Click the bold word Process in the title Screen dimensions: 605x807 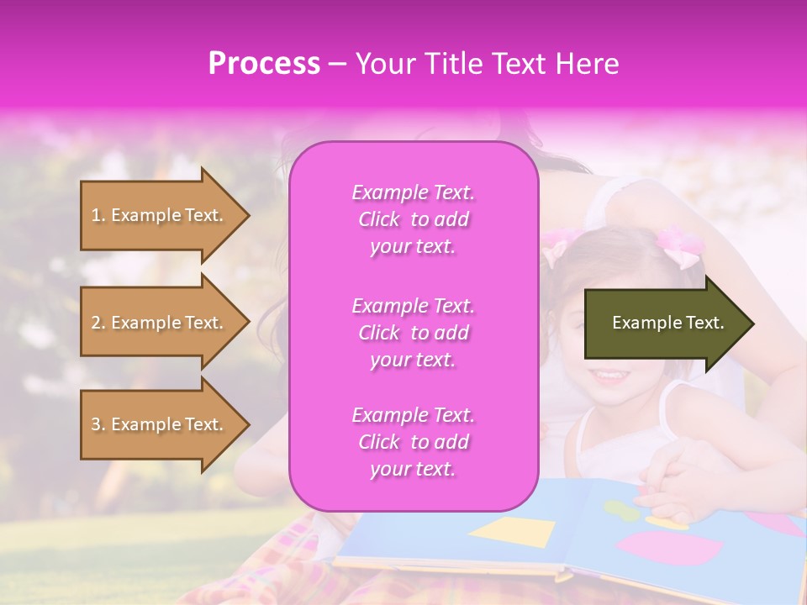tap(264, 64)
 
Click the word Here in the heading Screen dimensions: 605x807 tap(588, 64)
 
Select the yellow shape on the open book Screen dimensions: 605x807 tap(513, 531)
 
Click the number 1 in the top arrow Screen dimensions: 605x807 tap(96, 216)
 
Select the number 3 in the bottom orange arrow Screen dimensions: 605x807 tap(96, 425)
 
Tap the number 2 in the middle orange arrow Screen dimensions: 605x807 tap(96, 324)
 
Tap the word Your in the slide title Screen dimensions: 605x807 tap(382, 64)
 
